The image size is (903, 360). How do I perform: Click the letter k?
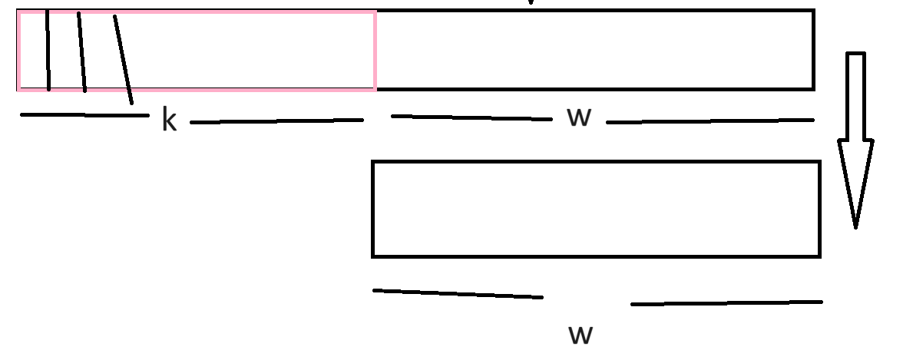click(x=169, y=121)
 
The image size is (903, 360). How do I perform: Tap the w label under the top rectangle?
click(x=578, y=117)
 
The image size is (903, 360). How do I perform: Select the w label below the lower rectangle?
click(x=580, y=334)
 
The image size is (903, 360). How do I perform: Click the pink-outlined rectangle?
click(x=230, y=51)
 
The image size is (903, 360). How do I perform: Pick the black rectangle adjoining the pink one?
click(x=595, y=50)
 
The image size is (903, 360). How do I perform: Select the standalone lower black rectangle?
click(x=596, y=209)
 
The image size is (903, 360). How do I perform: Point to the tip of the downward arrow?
click(x=856, y=225)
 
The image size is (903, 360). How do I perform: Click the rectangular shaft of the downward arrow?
click(x=856, y=96)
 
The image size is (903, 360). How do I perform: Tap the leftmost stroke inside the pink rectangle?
click(x=48, y=51)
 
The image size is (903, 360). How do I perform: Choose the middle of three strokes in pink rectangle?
click(x=81, y=52)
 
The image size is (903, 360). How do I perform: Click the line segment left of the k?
click(x=84, y=115)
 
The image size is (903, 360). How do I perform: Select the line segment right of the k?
click(x=276, y=121)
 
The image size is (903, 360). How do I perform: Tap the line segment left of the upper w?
click(x=471, y=117)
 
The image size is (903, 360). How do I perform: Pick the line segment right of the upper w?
click(x=710, y=121)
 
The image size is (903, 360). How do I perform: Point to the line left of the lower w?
click(x=458, y=293)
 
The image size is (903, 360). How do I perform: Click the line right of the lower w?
click(x=726, y=303)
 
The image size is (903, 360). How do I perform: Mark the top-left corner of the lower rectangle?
click(x=373, y=163)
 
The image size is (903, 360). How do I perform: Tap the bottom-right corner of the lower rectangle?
click(x=819, y=255)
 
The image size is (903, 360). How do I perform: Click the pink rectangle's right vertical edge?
click(x=375, y=51)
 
